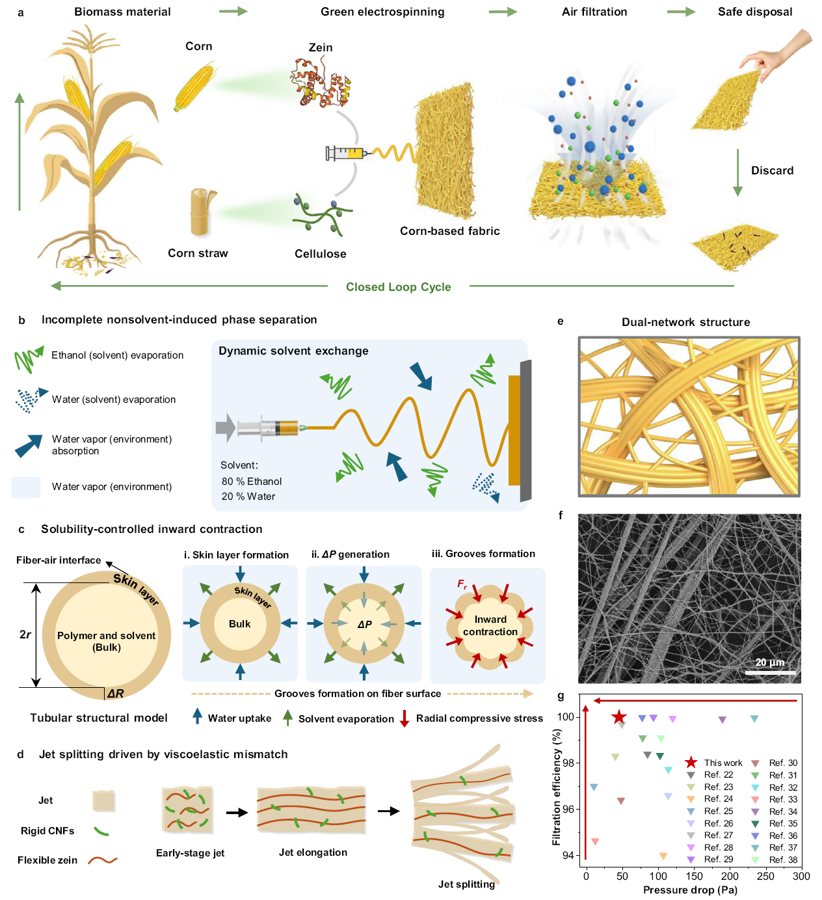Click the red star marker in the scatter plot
(618, 717)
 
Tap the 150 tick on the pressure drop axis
(694, 876)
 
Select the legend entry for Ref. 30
(775, 763)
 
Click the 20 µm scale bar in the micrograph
(770, 672)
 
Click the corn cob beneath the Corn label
(194, 86)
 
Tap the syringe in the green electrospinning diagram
(346, 154)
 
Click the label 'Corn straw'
(198, 253)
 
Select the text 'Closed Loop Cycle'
(398, 287)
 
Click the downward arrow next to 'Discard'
(737, 172)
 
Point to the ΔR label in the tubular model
(115, 694)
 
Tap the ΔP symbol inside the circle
(364, 624)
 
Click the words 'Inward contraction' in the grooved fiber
(490, 625)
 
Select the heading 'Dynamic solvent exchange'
(293, 351)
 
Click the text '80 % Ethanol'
(252, 482)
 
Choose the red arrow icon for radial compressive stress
(404, 718)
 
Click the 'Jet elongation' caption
(313, 852)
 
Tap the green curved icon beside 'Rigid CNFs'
(101, 831)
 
